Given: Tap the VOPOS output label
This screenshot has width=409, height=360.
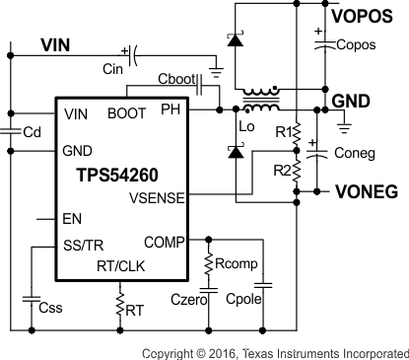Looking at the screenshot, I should [x=367, y=17].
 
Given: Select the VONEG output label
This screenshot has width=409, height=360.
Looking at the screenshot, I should [x=367, y=192].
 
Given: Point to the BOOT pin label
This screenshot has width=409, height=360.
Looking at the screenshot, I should [x=126, y=113].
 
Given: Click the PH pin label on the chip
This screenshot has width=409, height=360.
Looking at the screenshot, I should [x=171, y=109].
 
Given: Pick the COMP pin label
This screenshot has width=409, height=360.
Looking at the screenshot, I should [x=164, y=241].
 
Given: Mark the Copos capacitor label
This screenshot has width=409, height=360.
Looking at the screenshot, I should [x=356, y=44].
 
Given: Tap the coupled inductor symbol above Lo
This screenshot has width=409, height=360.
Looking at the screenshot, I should [x=260, y=100].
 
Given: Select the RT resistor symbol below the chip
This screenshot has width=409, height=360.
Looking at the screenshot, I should [x=120, y=307].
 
